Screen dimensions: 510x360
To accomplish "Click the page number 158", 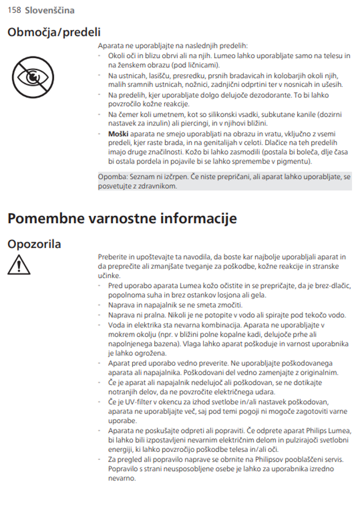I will click(x=14, y=10).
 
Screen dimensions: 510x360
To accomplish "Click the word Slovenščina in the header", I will click(x=49, y=10).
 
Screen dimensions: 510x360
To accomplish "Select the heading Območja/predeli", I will click(x=54, y=32).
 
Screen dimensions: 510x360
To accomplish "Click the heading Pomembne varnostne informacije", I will click(x=122, y=219).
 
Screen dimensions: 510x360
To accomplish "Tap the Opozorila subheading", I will click(x=35, y=244).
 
